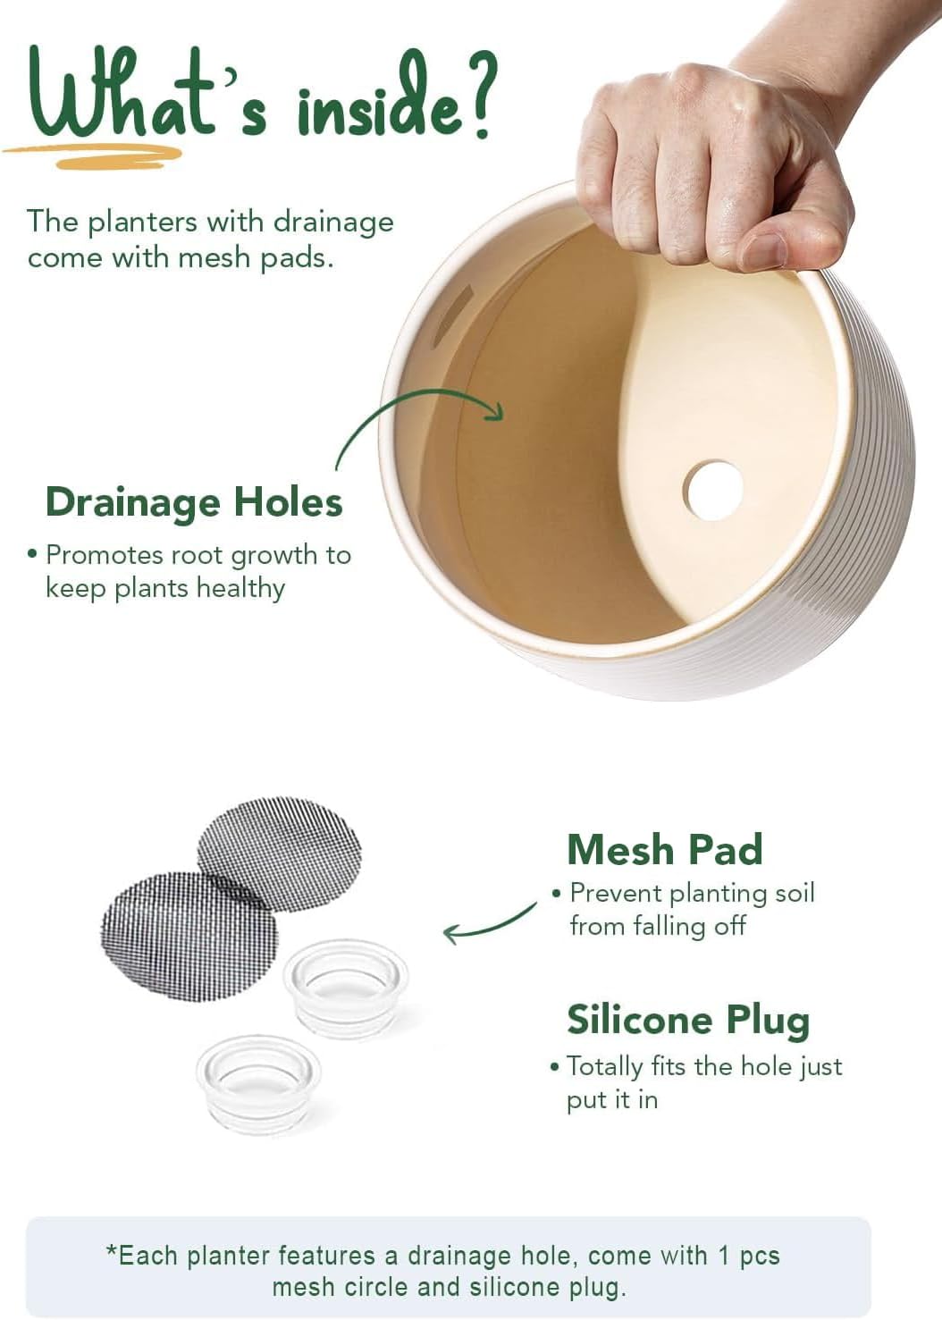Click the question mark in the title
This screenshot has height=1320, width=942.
472,95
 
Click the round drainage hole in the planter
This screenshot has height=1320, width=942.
712,491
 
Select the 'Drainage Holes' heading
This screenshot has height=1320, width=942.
194,502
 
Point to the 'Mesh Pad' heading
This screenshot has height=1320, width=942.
666,849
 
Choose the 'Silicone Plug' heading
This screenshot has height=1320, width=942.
688,1021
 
